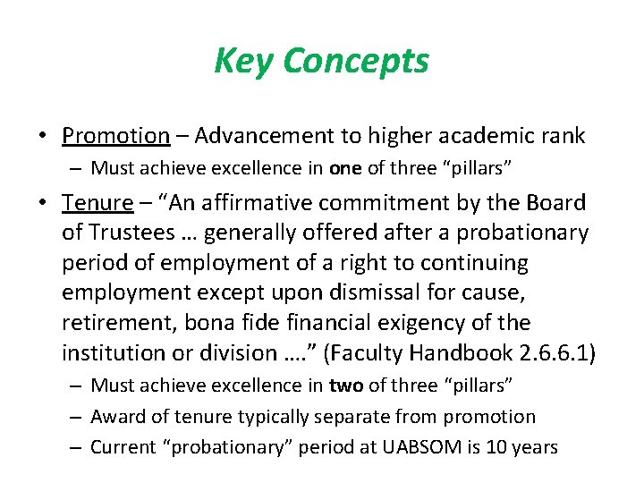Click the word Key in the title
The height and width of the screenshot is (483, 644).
point(244,62)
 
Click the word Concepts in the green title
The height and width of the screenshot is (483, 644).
point(356,62)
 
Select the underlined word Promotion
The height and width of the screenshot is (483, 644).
point(115,136)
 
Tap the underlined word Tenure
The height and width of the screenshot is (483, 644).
point(97,204)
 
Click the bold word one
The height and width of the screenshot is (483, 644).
point(344,168)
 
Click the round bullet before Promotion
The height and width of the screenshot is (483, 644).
point(43,137)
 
